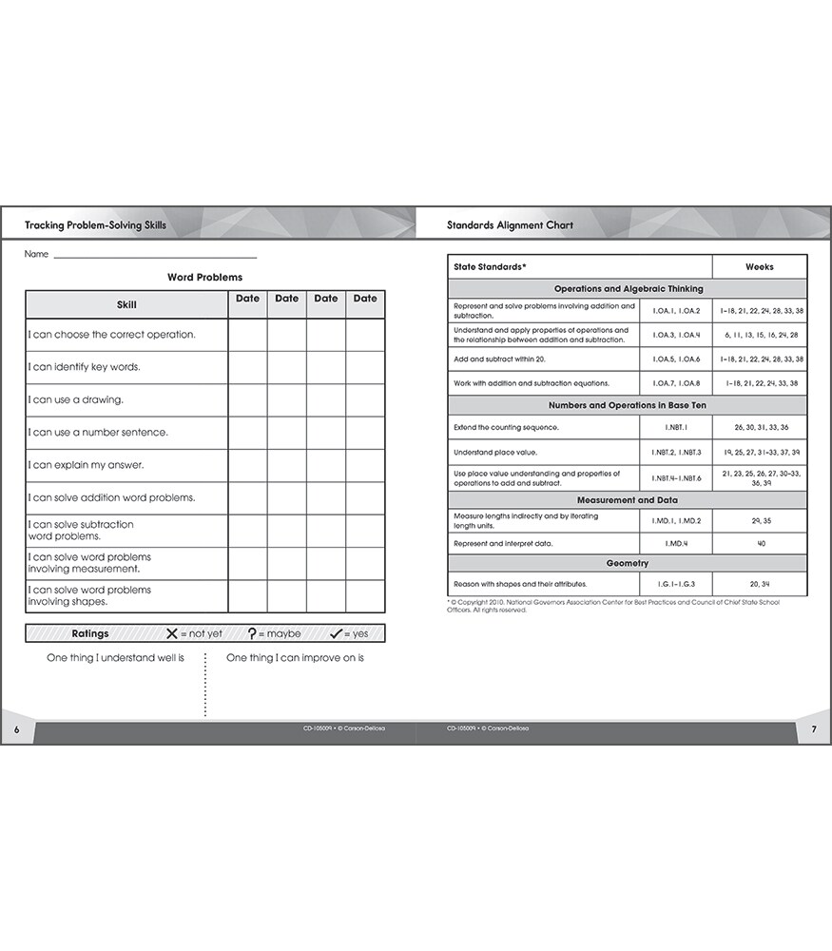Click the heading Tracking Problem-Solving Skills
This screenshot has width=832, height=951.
tap(96, 225)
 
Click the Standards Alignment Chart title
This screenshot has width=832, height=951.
tap(510, 225)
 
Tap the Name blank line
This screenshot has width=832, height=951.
tap(155, 257)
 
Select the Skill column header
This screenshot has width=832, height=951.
tap(126, 304)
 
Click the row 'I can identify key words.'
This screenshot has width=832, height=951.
tap(85, 367)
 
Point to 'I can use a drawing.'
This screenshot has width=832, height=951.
tap(76, 399)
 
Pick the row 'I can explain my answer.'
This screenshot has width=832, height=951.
tap(87, 465)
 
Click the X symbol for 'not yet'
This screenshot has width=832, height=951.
tap(172, 633)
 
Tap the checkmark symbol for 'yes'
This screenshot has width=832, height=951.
tap(336, 633)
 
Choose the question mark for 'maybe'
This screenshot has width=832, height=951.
tap(252, 633)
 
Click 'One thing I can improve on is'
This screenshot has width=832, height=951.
tap(295, 658)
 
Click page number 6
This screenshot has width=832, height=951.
tap(16, 729)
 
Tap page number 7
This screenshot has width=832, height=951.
tap(814, 729)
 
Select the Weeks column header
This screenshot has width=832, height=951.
tap(759, 267)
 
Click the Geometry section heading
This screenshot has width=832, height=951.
tap(627, 563)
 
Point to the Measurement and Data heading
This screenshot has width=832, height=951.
tap(627, 500)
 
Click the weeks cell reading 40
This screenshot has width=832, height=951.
tap(761, 544)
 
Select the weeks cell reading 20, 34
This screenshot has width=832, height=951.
tap(761, 584)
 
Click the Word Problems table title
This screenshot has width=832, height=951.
tap(204, 278)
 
